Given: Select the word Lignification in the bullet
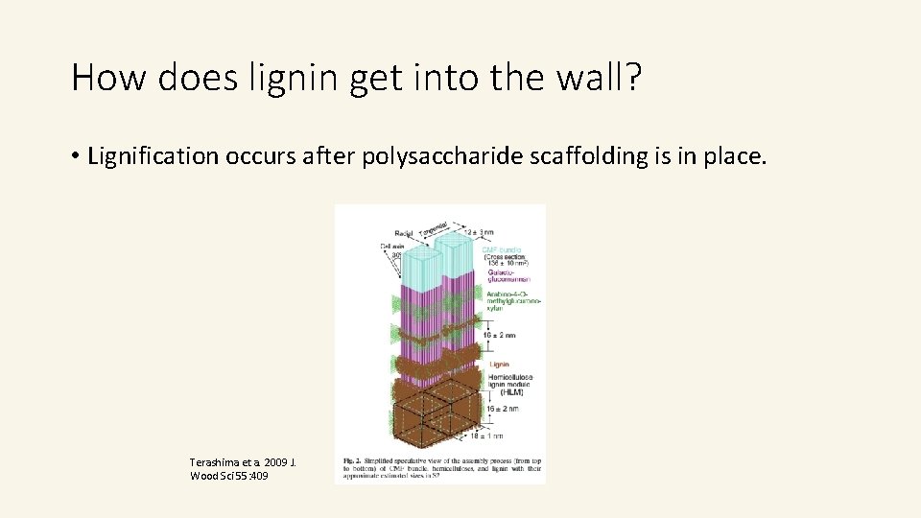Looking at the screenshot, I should pyautogui.click(x=153, y=156).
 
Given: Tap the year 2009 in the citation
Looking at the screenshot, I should pyautogui.click(x=275, y=462).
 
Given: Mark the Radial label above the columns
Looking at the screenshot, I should pyautogui.click(x=403, y=233).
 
